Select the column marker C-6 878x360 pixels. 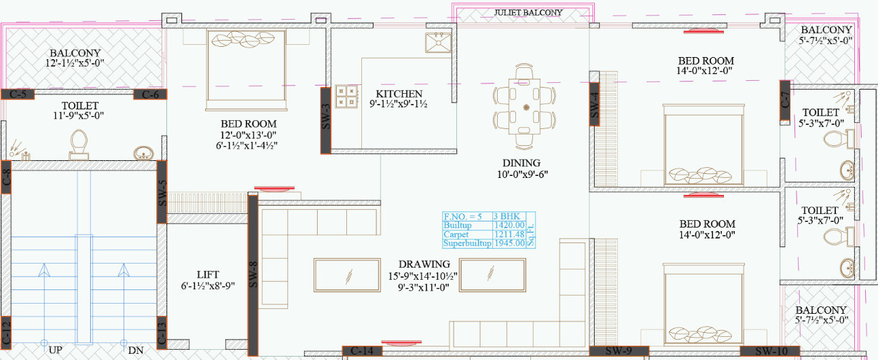150,94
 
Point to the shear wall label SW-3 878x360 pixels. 325,117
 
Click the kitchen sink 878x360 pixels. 438,42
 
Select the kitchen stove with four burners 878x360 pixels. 346,96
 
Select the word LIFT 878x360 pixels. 208,274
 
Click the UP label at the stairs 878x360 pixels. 56,350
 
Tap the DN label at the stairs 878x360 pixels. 135,350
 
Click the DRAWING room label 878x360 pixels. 424,264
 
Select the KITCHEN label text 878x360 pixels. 399,94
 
